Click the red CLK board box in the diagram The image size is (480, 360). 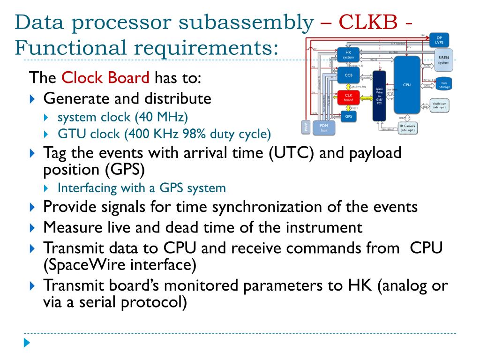(x=349, y=97)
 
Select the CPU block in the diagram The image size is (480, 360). (x=407, y=84)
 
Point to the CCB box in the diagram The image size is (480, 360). (x=348, y=75)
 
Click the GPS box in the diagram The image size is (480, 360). (x=348, y=116)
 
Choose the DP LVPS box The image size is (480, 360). (x=439, y=40)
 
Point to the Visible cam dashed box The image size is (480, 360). (x=439, y=105)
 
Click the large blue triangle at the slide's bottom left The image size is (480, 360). (x=27, y=343)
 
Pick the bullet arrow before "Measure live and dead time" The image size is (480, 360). (x=32, y=228)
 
